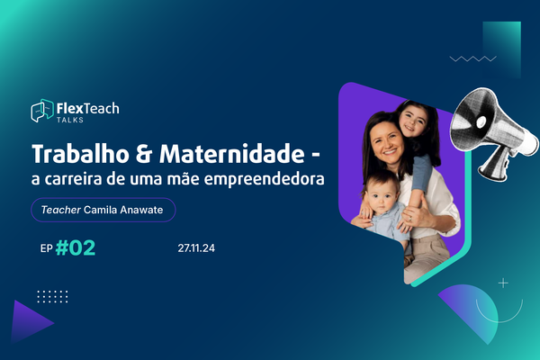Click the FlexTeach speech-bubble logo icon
[x=42, y=111]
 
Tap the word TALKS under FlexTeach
[x=70, y=120]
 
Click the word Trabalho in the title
[x=80, y=154]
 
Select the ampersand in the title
[x=144, y=154]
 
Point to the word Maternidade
[x=232, y=154]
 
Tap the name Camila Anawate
[x=123, y=210]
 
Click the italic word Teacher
[x=61, y=210]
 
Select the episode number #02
[x=76, y=248]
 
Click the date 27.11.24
[x=196, y=248]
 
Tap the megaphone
[x=492, y=132]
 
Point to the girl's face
[x=413, y=121]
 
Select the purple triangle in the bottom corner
[x=31, y=322]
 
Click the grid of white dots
[x=52, y=297]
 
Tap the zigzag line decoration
[x=472, y=58]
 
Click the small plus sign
[x=503, y=283]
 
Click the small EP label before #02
[x=47, y=248]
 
